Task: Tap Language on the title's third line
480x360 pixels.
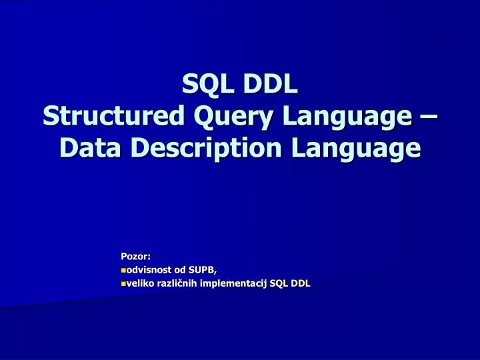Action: (355, 147)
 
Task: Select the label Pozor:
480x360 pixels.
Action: (135, 256)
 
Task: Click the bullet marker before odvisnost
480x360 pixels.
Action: (123, 270)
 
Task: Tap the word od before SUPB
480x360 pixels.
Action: (180, 270)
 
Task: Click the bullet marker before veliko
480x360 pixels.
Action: (123, 284)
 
